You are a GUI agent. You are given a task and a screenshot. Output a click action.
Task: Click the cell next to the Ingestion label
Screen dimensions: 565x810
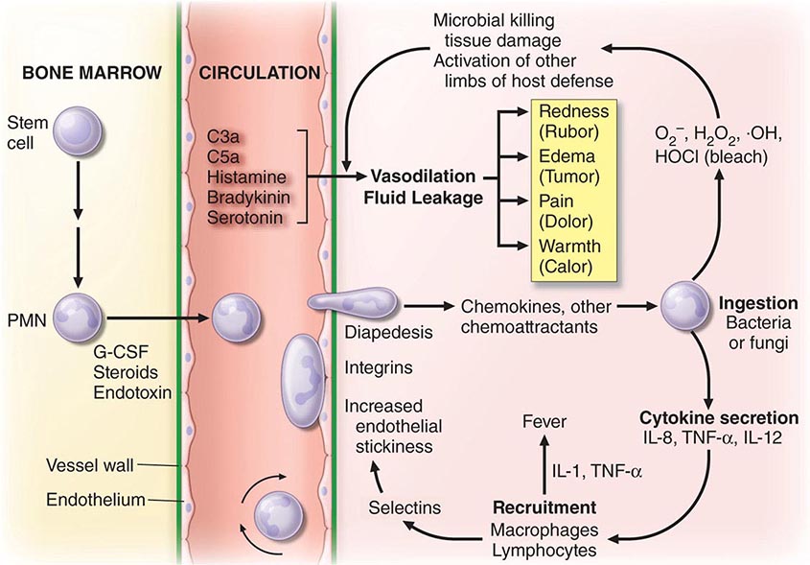684,308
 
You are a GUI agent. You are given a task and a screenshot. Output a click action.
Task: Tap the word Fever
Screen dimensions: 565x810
543,421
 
